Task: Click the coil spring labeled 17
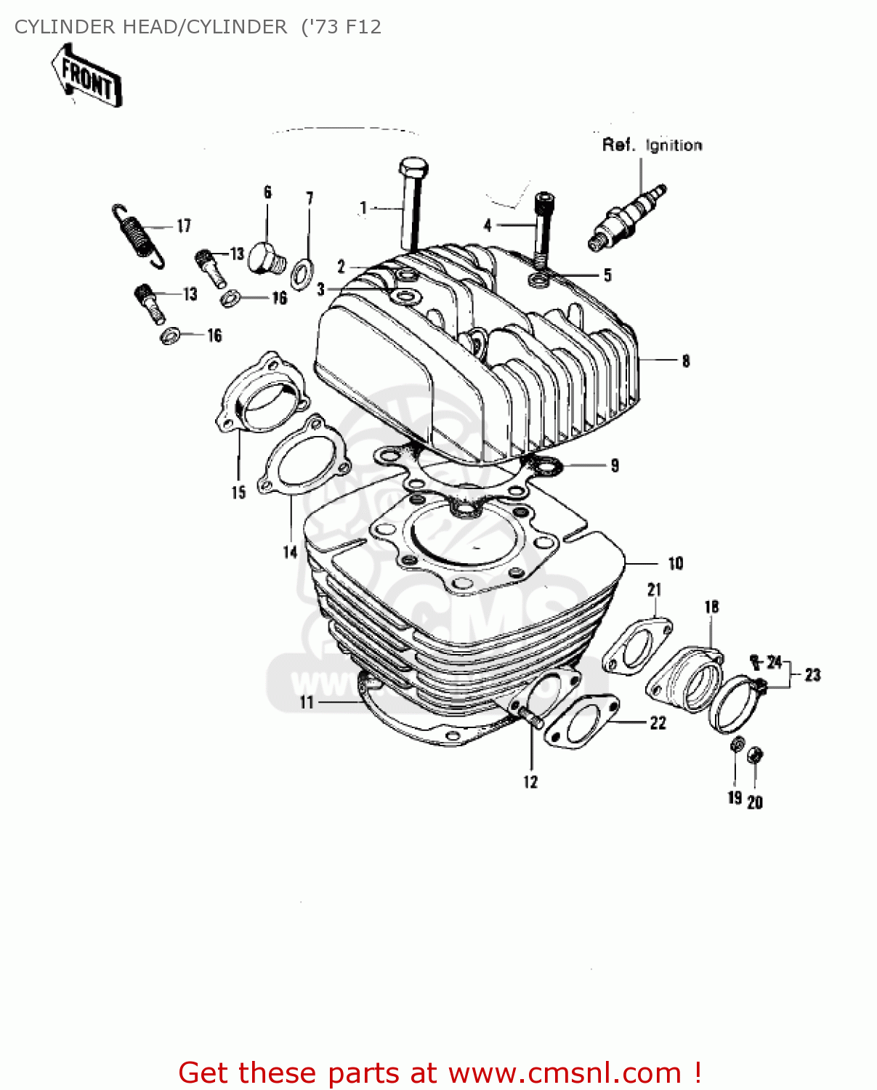(138, 234)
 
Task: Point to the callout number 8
(685, 360)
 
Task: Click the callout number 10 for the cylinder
(675, 563)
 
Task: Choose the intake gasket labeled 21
(637, 645)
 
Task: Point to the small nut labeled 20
(755, 756)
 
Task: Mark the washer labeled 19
(735, 745)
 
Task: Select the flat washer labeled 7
(302, 272)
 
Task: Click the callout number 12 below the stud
(530, 782)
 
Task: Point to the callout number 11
(307, 702)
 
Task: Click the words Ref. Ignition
(652, 145)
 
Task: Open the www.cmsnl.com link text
(565, 1073)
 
